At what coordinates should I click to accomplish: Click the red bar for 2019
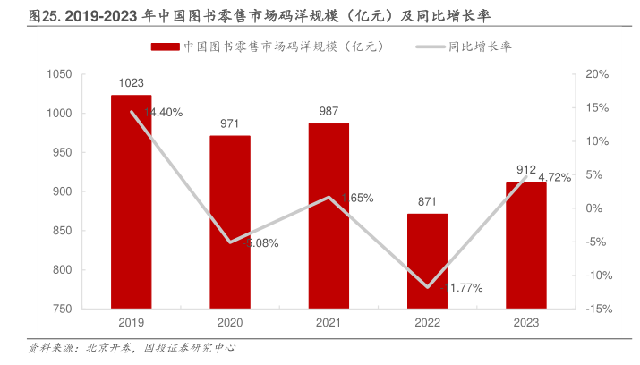131,201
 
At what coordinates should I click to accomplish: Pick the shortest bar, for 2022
427,261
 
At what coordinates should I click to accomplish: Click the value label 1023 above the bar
131,83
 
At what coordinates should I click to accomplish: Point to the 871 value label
427,202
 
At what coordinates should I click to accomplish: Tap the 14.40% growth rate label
163,113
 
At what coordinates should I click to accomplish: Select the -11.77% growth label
461,288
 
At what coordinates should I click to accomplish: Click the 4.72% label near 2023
554,177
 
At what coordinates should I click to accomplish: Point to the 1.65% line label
356,198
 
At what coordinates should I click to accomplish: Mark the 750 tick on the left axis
62,309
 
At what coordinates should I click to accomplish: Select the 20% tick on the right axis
596,74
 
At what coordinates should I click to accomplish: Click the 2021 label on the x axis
329,322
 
